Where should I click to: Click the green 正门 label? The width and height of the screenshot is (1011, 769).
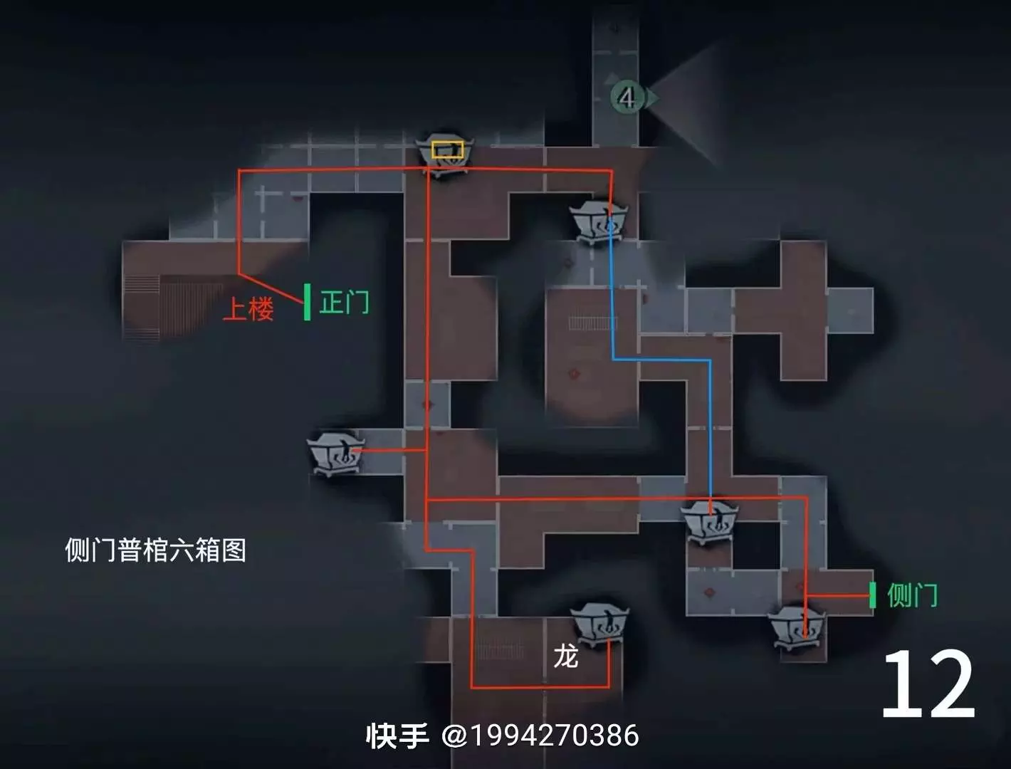(x=344, y=302)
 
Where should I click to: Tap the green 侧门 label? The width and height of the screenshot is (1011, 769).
(x=912, y=595)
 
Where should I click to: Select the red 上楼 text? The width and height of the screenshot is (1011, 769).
(x=248, y=308)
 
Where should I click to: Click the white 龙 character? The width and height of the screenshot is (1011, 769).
(x=565, y=656)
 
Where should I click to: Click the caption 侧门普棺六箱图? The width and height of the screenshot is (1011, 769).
(x=156, y=550)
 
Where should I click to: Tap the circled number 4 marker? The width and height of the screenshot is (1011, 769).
(x=627, y=98)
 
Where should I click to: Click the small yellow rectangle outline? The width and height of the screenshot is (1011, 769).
(x=447, y=150)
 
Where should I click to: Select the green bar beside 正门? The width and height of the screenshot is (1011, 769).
(x=307, y=302)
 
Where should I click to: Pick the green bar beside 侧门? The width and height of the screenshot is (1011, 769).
(x=872, y=595)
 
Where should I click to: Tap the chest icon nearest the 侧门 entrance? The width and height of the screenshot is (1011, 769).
(x=797, y=629)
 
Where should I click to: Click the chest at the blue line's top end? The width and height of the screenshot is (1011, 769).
(x=599, y=222)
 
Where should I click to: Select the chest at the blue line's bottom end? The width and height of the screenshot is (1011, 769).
(x=709, y=522)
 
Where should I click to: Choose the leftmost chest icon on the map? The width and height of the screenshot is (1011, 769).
(x=336, y=453)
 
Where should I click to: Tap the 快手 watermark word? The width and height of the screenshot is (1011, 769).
(x=397, y=736)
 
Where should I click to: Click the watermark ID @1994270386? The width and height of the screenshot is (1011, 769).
(x=540, y=736)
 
